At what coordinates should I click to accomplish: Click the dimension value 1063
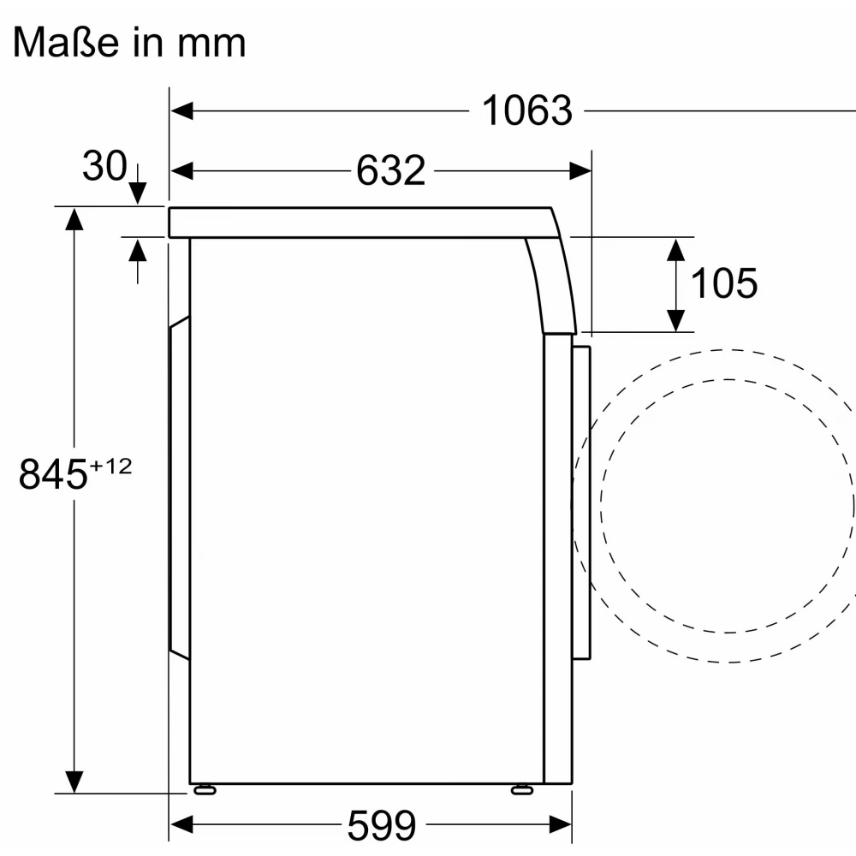click(526, 110)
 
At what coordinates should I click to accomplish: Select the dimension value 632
click(391, 170)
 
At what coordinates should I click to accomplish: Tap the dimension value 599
click(382, 824)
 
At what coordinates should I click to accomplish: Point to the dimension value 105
click(724, 282)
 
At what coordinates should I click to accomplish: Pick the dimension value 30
click(104, 165)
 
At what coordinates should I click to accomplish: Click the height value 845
click(53, 474)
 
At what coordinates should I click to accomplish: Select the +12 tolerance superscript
click(110, 467)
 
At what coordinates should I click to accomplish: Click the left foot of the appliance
click(205, 789)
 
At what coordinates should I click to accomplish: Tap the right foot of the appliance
click(521, 789)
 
